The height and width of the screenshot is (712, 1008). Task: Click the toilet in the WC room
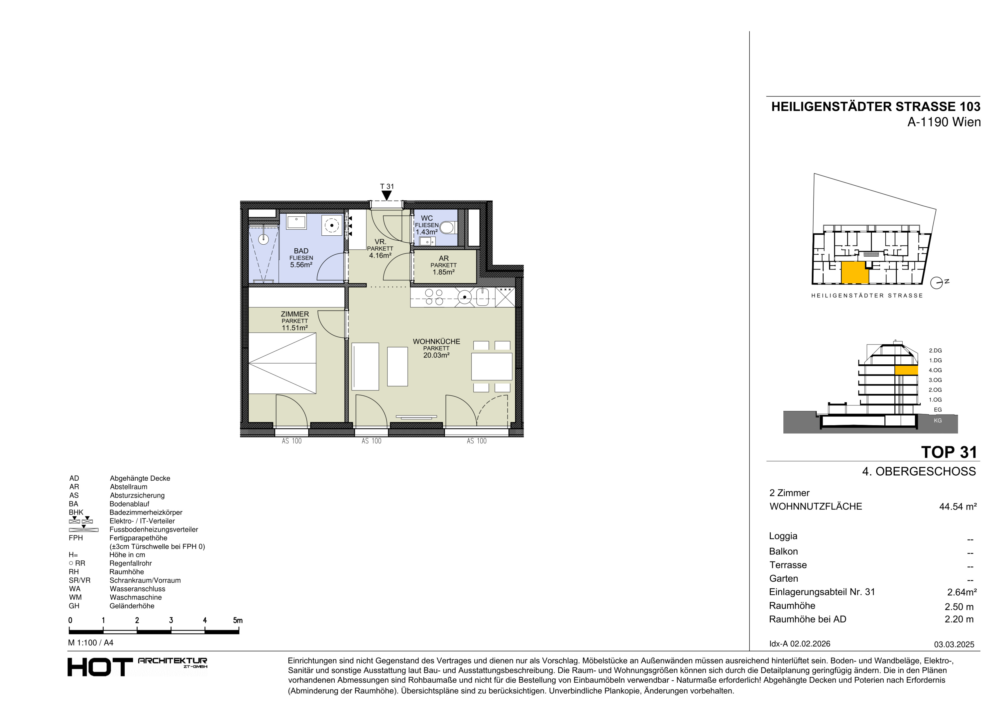pos(447,227)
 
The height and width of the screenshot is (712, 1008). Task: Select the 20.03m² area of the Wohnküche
pos(436,355)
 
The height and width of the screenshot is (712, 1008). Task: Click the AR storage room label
pos(444,258)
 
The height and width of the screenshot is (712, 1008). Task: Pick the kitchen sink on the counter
pos(482,297)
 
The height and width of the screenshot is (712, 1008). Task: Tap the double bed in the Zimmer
pos(282,363)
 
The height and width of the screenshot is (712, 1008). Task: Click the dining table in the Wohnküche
pos(492,366)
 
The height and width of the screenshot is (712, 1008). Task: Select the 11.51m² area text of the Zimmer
pos(295,328)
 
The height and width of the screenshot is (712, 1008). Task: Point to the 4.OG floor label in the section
pos(935,370)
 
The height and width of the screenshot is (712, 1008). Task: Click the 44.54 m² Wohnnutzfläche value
pos(958,507)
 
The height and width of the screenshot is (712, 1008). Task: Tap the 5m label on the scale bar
pos(238,620)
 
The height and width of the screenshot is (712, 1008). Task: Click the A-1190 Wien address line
pos(944,122)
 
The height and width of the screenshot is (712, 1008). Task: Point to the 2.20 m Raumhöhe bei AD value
pos(959,619)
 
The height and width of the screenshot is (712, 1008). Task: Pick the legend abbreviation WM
pos(75,597)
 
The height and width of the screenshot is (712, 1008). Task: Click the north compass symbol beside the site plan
pos(937,283)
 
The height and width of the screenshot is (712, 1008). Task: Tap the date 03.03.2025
pos(954,644)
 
